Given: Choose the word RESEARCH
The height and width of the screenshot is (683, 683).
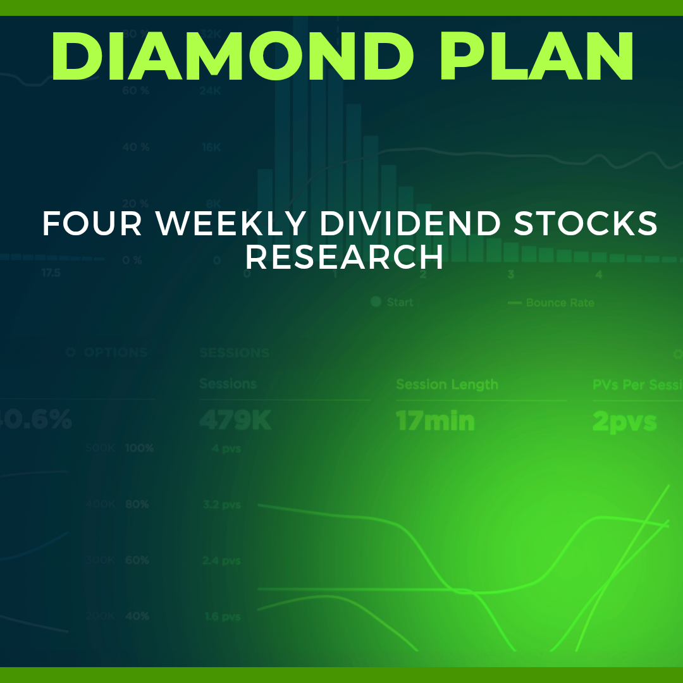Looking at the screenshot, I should (344, 257).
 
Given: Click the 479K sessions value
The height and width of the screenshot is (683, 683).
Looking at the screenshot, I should (235, 421).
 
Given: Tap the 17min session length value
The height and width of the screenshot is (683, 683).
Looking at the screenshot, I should (435, 421).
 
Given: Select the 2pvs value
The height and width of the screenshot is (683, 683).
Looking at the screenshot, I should (624, 421).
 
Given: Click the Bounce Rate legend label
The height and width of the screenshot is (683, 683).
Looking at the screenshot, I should (560, 303).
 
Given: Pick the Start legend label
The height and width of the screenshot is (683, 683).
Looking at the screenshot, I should (399, 302).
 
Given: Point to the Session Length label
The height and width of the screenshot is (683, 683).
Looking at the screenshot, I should (446, 385).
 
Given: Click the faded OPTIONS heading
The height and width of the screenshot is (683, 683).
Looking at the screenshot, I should (115, 353).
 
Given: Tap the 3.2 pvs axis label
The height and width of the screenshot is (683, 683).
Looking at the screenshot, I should (221, 505).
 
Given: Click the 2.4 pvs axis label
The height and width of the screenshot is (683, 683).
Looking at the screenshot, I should (221, 561).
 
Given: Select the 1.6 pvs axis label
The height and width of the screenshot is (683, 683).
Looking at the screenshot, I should (221, 617).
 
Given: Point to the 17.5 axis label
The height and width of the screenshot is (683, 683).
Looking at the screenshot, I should (51, 273).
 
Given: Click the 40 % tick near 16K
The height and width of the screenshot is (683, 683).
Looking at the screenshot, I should (135, 147).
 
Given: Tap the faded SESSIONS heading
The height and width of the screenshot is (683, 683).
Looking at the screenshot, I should (234, 353).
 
